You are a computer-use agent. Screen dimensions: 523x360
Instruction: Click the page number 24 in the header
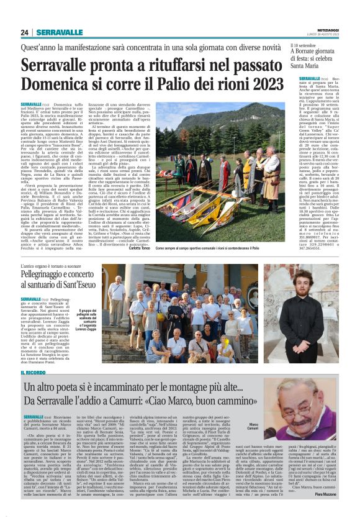(x=25, y=32)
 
